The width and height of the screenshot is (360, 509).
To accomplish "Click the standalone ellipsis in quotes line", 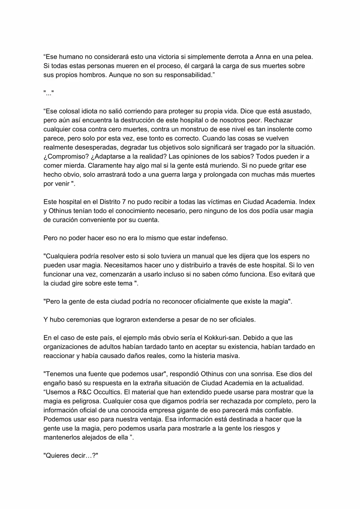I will [48, 93].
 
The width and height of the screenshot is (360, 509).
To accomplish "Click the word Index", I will [307, 202].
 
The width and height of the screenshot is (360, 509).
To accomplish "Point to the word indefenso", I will [212, 238].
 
